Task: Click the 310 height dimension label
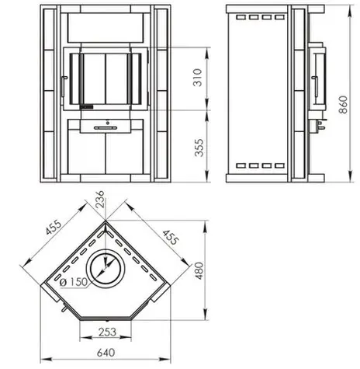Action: [x=198, y=77]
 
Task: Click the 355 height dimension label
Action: [x=199, y=148]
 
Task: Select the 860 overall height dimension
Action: [x=344, y=105]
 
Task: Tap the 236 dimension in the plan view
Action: [x=100, y=199]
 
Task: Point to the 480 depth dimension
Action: [x=199, y=270]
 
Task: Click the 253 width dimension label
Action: [x=107, y=332]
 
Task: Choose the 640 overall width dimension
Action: [x=106, y=353]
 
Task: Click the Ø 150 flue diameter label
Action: [x=74, y=282]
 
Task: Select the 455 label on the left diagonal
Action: [x=54, y=227]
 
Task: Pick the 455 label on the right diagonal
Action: [x=171, y=238]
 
